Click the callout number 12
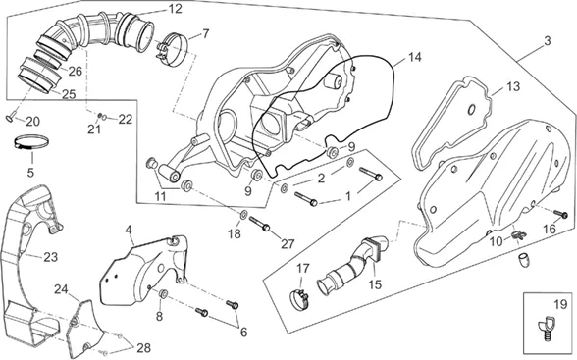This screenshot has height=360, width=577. point(176,9)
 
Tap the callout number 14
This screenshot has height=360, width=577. point(415,57)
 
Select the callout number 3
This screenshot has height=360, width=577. point(548,41)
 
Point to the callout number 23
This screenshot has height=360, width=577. point(51,257)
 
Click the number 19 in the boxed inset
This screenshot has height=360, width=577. point(560,304)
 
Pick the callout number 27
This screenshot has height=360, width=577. point(288,244)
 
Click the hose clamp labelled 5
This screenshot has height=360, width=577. point(31,142)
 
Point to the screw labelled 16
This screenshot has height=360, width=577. point(561,214)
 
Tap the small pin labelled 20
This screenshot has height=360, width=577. point(10,118)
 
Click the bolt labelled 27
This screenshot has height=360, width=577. point(260,224)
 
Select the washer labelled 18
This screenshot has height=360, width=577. point(243,214)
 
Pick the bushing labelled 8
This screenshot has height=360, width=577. point(163,294)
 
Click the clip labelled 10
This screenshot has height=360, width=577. point(518,235)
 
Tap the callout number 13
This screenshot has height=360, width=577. point(513,86)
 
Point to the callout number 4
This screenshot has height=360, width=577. point(128,231)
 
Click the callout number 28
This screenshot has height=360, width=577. point(144,348)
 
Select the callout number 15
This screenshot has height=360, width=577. point(375,284)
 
